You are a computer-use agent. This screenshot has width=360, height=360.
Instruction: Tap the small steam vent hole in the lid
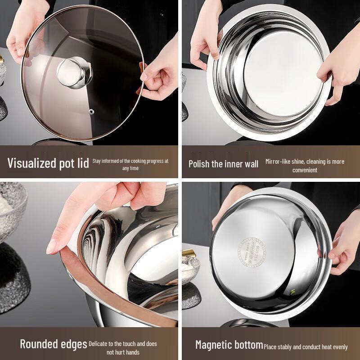click(91, 110)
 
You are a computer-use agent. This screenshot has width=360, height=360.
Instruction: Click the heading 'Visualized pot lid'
click(48, 163)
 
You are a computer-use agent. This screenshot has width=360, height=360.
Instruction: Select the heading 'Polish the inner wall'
click(223, 164)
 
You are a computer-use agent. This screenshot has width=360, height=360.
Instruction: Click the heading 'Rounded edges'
click(54, 344)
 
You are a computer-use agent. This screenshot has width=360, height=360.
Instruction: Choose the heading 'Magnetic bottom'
click(229, 345)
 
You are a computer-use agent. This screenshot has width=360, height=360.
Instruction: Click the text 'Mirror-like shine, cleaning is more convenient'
click(305, 165)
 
